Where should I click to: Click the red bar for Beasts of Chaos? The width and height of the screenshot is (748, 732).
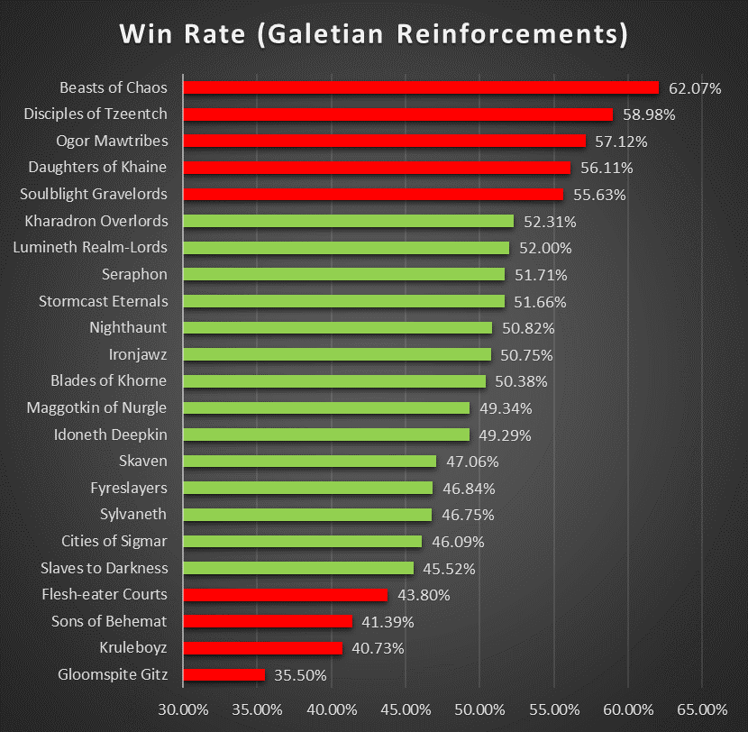(x=421, y=87)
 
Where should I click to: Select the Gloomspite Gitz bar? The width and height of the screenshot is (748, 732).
(x=224, y=674)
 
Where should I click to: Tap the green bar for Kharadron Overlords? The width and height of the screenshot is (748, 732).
(x=348, y=221)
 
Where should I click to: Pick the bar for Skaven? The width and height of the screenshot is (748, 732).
(x=309, y=462)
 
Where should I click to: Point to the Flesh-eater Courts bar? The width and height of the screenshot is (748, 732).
(x=285, y=595)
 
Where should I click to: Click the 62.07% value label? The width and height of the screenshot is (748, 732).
(x=695, y=88)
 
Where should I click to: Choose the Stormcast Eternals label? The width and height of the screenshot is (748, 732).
(x=104, y=301)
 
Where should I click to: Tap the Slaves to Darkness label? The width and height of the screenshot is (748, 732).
(x=105, y=568)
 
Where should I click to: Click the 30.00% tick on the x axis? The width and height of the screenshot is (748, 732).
(x=183, y=709)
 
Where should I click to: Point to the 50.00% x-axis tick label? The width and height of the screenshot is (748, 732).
(x=479, y=709)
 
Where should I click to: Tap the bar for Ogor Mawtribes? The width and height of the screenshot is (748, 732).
(x=384, y=141)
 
